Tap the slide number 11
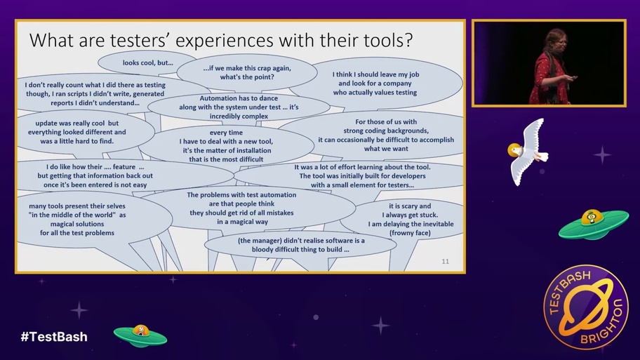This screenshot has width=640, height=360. [445, 262]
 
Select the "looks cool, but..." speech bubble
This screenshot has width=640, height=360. [147, 63]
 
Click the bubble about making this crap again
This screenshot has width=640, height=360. [246, 72]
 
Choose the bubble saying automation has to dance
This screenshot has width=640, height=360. [239, 107]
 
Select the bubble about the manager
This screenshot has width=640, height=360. [293, 244]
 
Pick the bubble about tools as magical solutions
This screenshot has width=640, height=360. [77, 219]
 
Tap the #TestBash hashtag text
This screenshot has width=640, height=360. [54, 337]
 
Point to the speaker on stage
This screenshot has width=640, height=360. [549, 67]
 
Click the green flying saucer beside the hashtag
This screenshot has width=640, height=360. [140, 335]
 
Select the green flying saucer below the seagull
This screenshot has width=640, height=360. [593, 223]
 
